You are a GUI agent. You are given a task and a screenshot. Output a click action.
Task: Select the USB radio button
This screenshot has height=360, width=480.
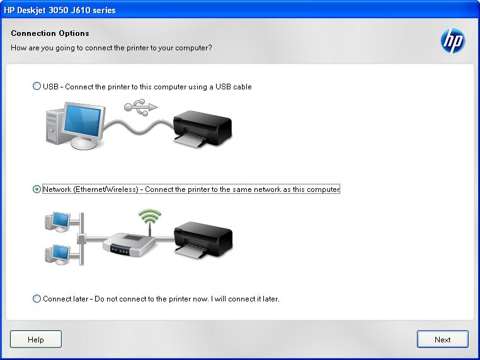click(x=37, y=87)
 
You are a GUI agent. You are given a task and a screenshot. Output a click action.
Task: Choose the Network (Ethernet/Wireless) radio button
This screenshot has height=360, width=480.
click(x=37, y=189)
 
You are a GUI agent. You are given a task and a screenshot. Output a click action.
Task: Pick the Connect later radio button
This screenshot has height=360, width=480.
click(x=37, y=299)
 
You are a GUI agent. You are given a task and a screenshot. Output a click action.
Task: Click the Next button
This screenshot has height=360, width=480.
click(x=442, y=339)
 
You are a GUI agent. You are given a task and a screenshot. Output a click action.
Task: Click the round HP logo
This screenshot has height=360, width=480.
click(x=452, y=42)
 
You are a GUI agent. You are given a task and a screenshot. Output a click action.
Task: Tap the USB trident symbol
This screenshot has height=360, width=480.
click(x=140, y=106)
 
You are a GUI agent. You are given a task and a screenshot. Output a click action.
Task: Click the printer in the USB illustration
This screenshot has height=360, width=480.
click(x=201, y=128)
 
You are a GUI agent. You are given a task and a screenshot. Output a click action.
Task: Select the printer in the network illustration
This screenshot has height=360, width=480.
click(x=202, y=239)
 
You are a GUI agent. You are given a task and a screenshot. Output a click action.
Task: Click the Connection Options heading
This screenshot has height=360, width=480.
click(x=50, y=33)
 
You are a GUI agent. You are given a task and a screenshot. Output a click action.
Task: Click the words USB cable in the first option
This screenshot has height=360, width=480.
click(x=233, y=87)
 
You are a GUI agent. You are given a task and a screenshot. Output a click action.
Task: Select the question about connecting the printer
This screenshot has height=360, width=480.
click(x=111, y=48)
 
